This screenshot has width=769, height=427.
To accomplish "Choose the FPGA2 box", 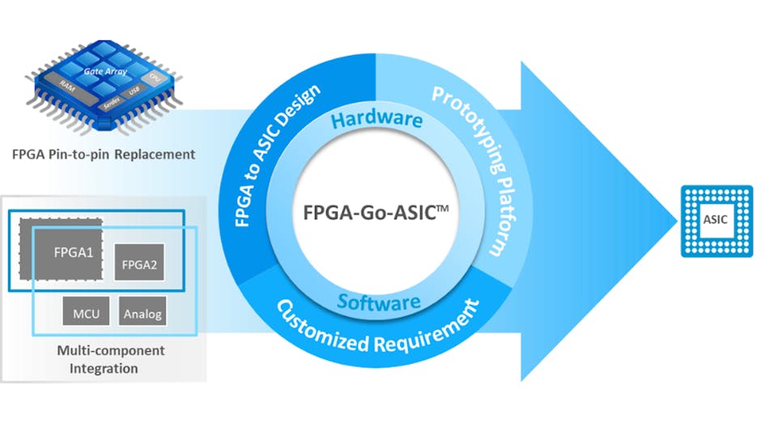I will [139, 262].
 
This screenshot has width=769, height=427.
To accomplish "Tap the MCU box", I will [85, 312].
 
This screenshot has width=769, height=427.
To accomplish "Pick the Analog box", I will [142, 312].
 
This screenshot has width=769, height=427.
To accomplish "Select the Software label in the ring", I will [379, 302].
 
